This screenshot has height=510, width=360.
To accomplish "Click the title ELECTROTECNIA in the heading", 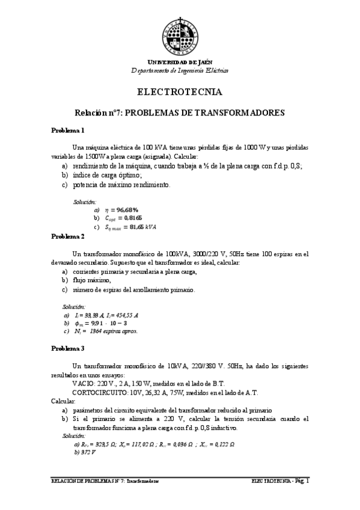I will pyautogui.click(x=180, y=93).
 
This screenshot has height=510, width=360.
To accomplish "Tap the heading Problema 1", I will pyautogui.click(x=67, y=131).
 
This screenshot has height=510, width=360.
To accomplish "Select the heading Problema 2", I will pyautogui.click(x=67, y=237).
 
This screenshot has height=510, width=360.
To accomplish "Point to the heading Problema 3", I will pyautogui.click(x=67, y=348).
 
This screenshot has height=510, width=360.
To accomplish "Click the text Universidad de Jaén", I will pyautogui.click(x=180, y=63).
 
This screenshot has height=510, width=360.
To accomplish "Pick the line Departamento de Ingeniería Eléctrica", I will pyautogui.click(x=180, y=70).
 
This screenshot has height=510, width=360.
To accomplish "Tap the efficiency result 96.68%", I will pyautogui.click(x=123, y=209).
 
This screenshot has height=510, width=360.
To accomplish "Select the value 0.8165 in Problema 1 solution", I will pyautogui.click(x=130, y=218).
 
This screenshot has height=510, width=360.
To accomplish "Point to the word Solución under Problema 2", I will pyautogui.click(x=75, y=307).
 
